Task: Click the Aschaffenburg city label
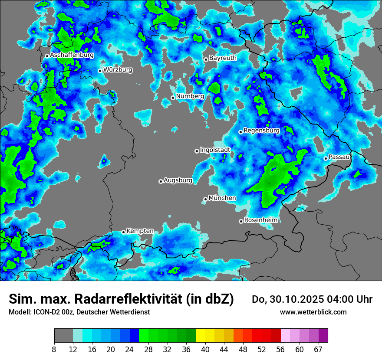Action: click(72, 55)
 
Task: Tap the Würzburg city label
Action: click(118, 70)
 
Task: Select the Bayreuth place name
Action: click(223, 58)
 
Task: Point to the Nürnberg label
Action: click(190, 96)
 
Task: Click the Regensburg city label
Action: click(261, 130)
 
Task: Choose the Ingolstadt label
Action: click(215, 150)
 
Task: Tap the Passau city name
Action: click(339, 157)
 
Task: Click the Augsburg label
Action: click(178, 180)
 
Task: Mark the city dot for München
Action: click(205, 199)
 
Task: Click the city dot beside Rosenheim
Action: click(241, 221)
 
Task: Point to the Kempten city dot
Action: click(123, 232)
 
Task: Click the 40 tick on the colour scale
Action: click(205, 350)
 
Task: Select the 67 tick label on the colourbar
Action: click(318, 350)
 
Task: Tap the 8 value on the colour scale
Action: click(54, 350)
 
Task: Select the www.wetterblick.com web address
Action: click(313, 312)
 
